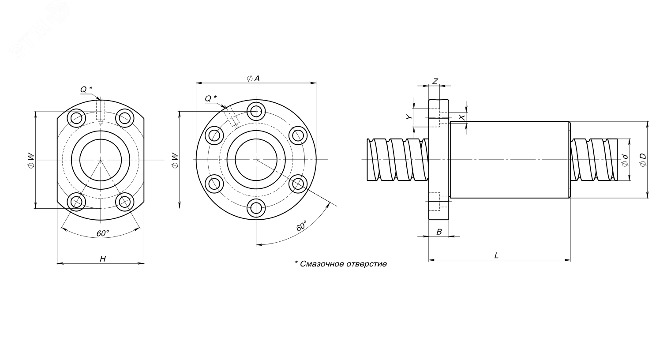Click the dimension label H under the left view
coord(102,259)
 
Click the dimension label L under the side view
coord(496,255)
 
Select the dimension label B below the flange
coord(439,232)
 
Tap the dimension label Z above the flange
coord(435,81)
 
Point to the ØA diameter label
coord(253,78)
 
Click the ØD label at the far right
coord(642,160)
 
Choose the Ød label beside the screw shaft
coord(625,160)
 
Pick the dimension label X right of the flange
coord(461,117)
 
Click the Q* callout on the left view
coord(86,90)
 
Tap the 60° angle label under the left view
coord(103,233)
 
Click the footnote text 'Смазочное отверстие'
coord(341,264)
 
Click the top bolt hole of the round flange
coord(256,110)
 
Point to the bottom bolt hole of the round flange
coord(256,208)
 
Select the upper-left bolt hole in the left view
coord(77,118)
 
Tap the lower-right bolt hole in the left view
coord(124,202)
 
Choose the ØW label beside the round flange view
coord(174,160)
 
